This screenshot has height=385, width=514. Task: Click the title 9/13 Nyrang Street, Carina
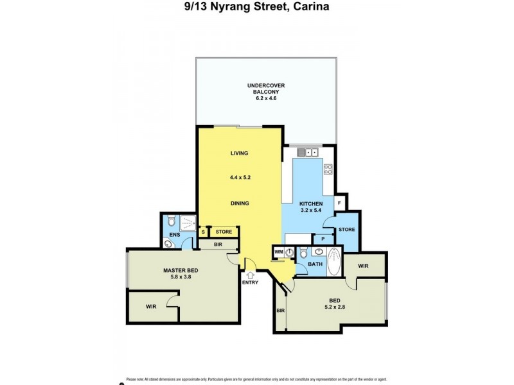[x=256, y=8]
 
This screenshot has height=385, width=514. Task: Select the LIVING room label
[x=239, y=153]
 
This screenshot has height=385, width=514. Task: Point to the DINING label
[x=239, y=203]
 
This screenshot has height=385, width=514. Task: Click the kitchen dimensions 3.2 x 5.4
[x=311, y=210]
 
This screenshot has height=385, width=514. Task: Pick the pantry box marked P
[x=323, y=239]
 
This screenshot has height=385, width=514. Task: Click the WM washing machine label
[x=278, y=252]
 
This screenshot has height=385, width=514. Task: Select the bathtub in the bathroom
[x=334, y=261]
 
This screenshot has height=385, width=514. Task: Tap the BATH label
[x=315, y=264]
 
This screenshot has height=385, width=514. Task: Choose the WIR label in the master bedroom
[x=151, y=307]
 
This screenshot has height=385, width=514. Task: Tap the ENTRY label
[x=249, y=282]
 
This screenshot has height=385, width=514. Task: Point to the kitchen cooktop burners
[x=328, y=170]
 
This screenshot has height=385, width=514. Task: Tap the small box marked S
[x=203, y=232]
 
